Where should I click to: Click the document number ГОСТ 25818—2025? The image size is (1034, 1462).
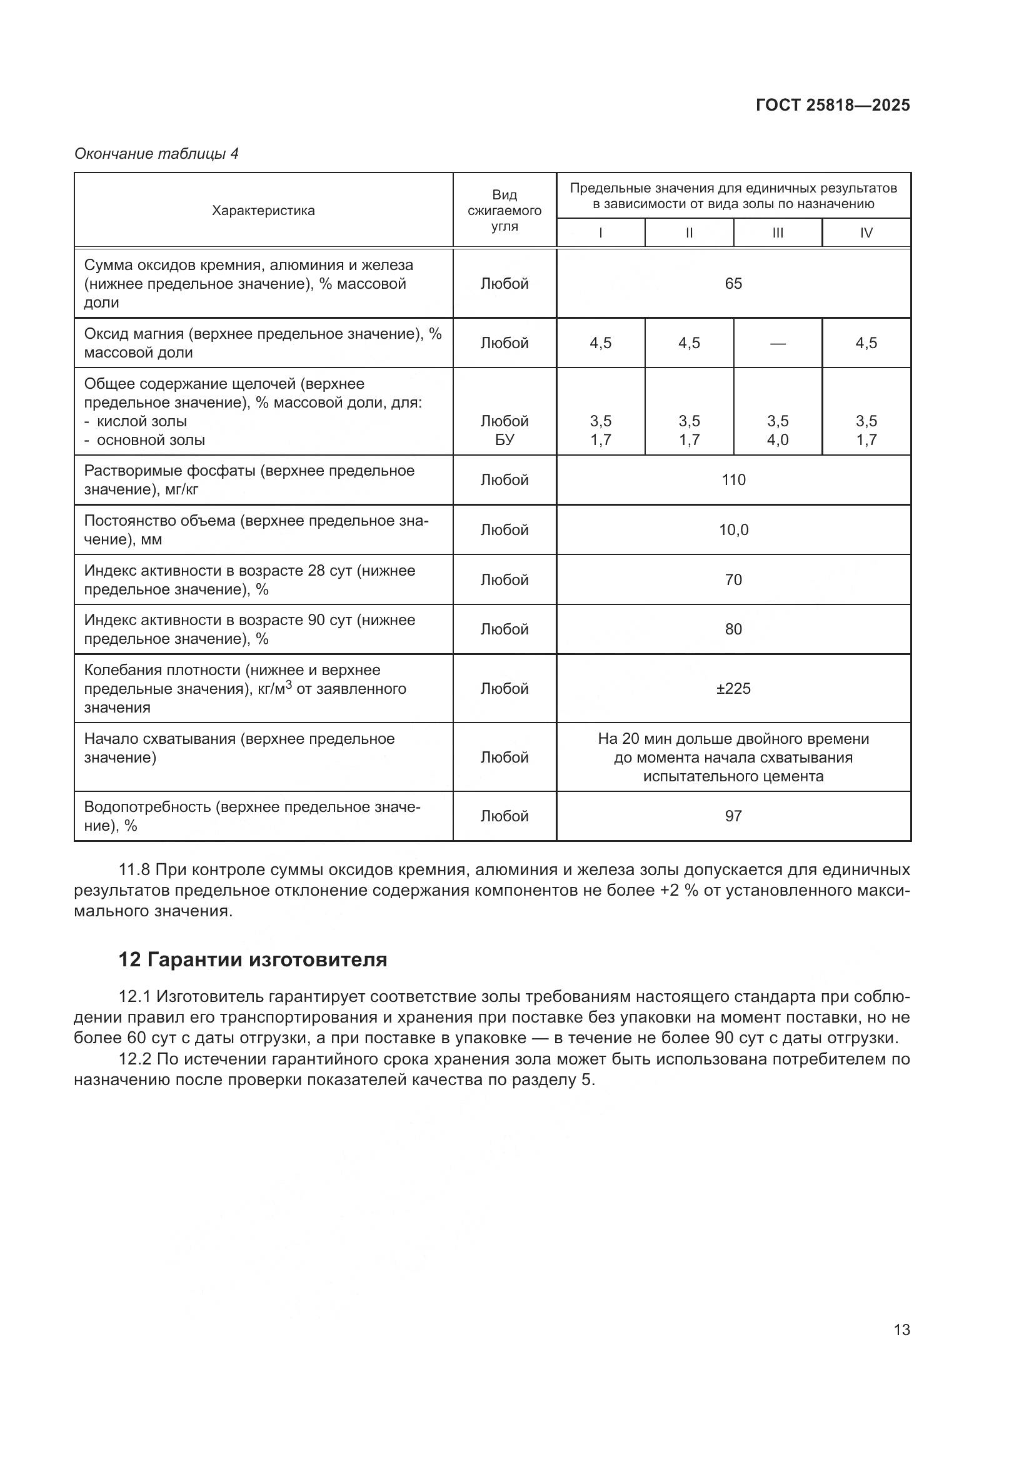click(833, 105)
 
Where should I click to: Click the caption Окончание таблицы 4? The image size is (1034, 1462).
click(157, 154)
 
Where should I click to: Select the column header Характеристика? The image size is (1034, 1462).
click(263, 211)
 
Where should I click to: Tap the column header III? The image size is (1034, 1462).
click(778, 233)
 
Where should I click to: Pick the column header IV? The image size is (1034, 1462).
click(866, 233)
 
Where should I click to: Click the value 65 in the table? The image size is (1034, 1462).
click(733, 283)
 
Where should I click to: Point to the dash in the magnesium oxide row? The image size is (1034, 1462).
click(778, 343)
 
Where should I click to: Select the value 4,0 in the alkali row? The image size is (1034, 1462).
click(778, 440)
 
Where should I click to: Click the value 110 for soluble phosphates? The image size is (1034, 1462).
click(733, 480)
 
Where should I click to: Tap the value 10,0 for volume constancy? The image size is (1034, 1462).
click(733, 530)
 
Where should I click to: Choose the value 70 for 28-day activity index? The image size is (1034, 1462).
click(733, 580)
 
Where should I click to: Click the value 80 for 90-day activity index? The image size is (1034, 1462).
click(733, 630)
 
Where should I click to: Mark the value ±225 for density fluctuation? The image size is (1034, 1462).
click(733, 689)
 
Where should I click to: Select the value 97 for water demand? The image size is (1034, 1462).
click(733, 816)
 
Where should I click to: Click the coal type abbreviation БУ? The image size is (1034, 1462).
click(504, 440)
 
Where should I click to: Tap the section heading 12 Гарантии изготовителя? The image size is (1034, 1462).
click(253, 959)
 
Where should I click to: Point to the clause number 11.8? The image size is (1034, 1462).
click(134, 870)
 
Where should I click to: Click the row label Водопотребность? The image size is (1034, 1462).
click(148, 808)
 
